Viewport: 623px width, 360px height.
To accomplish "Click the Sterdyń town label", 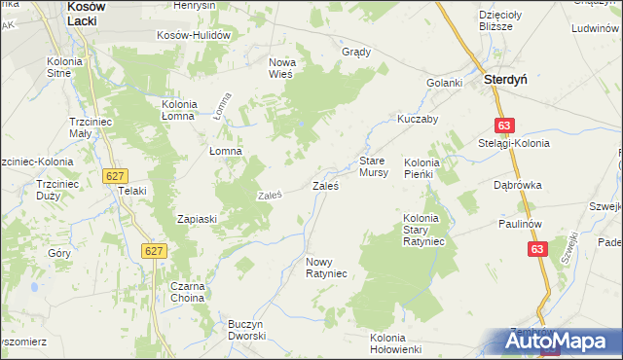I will coord(505,83).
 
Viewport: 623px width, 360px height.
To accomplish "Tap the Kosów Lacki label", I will coord(93,13).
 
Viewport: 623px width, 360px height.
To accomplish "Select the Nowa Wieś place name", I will coord(287,70).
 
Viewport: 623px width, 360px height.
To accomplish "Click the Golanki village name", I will coord(444,83).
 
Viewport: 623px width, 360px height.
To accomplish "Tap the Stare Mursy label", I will coord(374,165).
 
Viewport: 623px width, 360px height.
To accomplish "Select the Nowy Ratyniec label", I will coord(326,268).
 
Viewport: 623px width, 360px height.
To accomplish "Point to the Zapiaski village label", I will coord(195,219).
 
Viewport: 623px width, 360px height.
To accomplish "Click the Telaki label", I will coord(131,191).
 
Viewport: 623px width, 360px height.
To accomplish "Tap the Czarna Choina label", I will coord(185,292).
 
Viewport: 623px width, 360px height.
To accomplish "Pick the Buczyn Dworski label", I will coord(246,329).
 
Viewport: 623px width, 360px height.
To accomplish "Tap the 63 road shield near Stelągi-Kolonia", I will coord(502,126).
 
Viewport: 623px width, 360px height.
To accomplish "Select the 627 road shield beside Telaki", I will coord(115,174).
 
